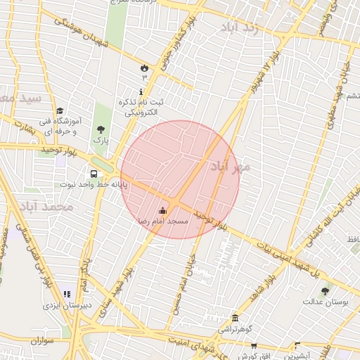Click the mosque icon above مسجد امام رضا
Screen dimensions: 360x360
(163, 210)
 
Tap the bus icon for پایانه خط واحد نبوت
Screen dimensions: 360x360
(94, 174)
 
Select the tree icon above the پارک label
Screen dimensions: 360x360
(101, 129)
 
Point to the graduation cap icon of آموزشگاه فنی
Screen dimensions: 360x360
(60, 111)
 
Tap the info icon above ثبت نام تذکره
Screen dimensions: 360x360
(141, 92)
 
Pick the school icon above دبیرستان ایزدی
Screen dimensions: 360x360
(67, 294)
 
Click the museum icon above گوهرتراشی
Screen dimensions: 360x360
(234, 318)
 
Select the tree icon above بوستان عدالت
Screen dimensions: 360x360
(325, 291)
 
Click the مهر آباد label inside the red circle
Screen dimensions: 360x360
(230, 166)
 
